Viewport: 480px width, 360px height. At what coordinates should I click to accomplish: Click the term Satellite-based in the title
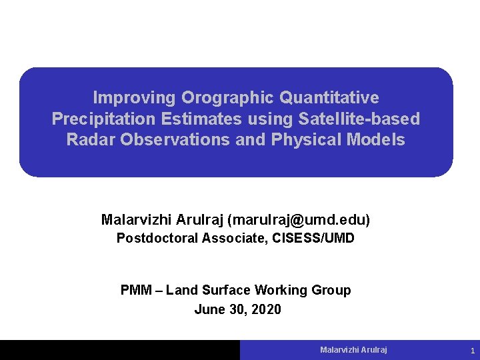coord(360,119)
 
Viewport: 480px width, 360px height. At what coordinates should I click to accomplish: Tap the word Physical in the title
coord(300,140)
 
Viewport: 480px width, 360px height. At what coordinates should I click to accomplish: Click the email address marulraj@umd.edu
coord(299,219)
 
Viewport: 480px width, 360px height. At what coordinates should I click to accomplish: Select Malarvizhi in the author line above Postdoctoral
coord(135,219)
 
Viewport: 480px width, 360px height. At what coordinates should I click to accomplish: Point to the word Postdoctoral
coord(158,238)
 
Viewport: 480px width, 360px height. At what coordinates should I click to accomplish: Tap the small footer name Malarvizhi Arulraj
coord(353,350)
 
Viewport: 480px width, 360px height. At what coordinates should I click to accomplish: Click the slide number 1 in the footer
coord(472,351)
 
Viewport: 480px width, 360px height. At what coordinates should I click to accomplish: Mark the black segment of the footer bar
coord(120,350)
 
